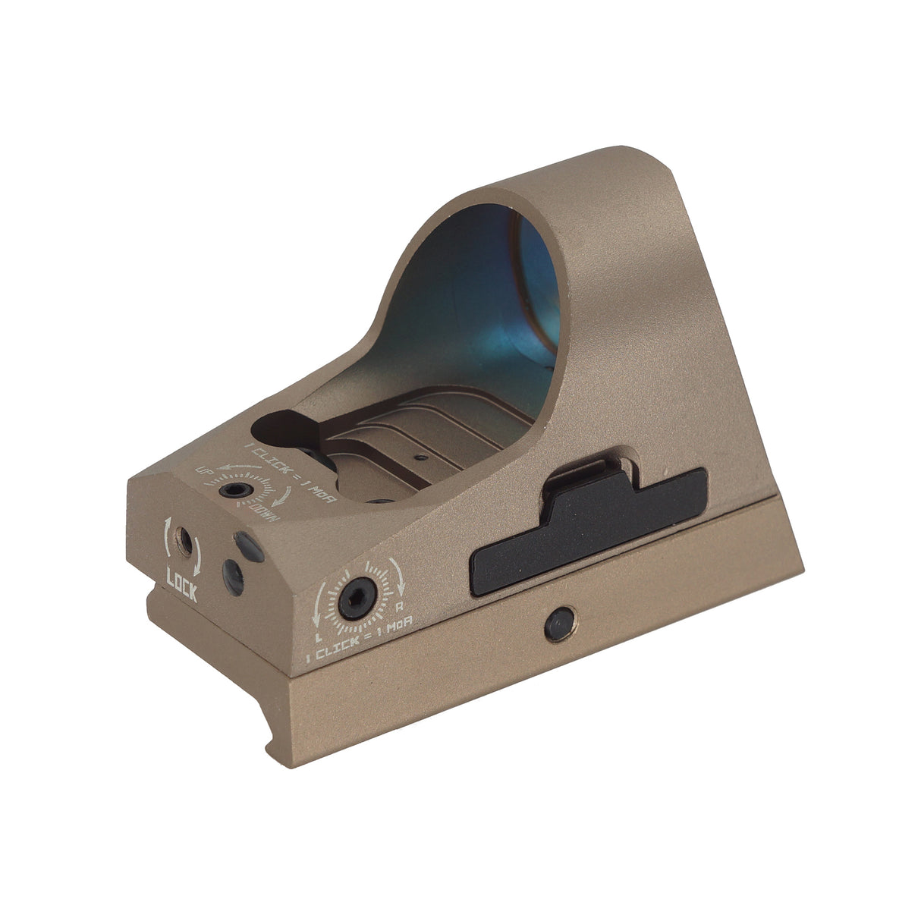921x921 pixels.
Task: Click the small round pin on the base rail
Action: click(x=558, y=621)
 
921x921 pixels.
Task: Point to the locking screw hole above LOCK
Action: click(x=182, y=539)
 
